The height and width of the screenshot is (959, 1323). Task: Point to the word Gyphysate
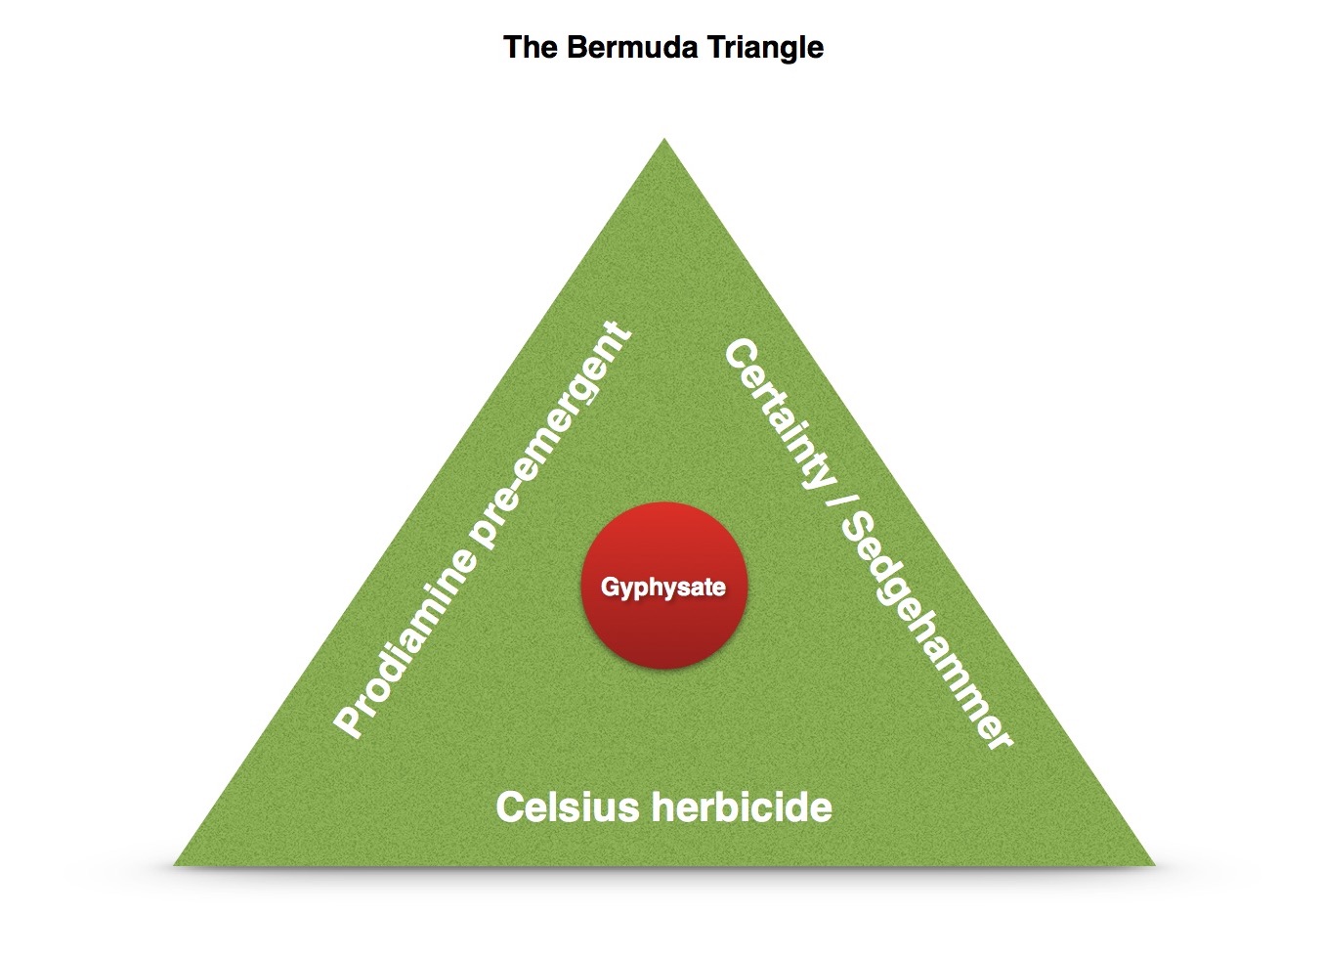(663, 588)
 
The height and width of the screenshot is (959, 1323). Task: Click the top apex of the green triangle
(664, 143)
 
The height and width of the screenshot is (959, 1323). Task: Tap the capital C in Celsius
(510, 808)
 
